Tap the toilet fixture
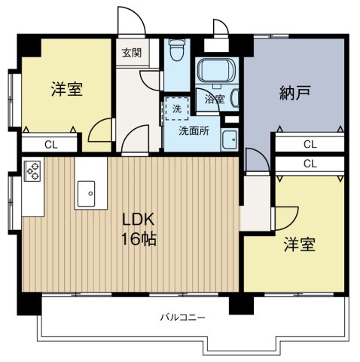(176, 51)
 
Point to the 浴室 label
(215, 98)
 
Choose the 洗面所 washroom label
(194, 129)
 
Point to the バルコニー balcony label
(184, 318)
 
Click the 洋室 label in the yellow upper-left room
(66, 88)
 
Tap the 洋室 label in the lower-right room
(299, 245)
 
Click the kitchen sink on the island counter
(85, 195)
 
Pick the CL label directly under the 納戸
(310, 143)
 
